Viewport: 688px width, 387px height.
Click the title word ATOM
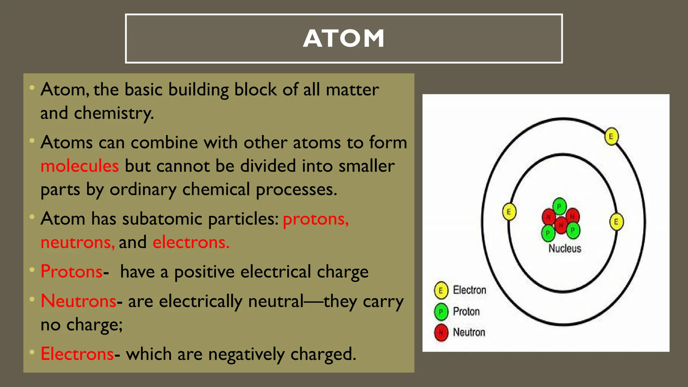click(x=344, y=38)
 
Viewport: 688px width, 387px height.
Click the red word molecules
click(x=80, y=166)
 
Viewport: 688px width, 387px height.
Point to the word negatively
click(x=246, y=354)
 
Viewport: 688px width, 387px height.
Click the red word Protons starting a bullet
click(x=71, y=271)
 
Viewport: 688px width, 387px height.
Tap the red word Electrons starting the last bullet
click(x=77, y=354)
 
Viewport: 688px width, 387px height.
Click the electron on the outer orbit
click(x=611, y=136)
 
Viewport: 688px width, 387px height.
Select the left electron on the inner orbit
click(x=509, y=212)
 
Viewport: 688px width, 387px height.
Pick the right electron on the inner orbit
click(x=616, y=222)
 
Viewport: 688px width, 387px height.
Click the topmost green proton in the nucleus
click(x=559, y=206)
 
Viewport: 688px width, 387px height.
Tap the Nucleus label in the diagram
click(x=564, y=249)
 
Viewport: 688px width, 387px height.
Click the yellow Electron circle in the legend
click(x=441, y=290)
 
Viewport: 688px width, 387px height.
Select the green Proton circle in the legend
click(x=441, y=312)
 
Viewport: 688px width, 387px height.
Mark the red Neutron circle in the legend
click(x=441, y=333)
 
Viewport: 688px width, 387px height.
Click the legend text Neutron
click(x=469, y=332)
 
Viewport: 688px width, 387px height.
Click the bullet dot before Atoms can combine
click(x=32, y=140)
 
